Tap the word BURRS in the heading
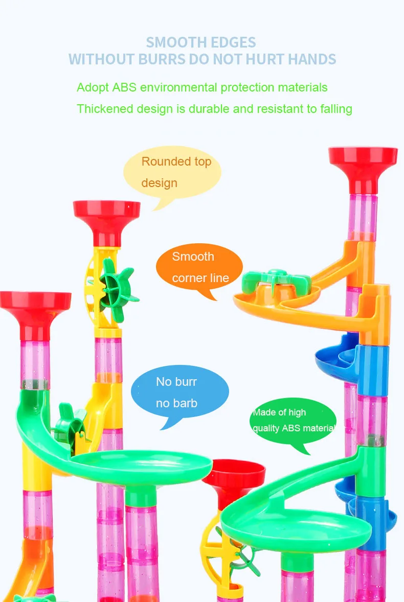coord(162,59)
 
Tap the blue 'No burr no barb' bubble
coord(179,392)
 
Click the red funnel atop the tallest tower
coord(363,162)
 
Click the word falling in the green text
coord(333,108)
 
